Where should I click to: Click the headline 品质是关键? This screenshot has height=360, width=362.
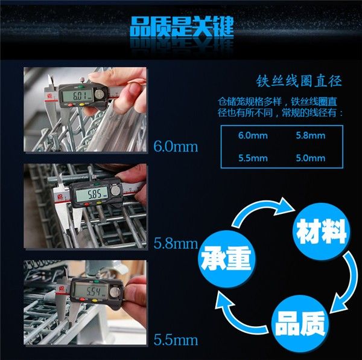[182, 27]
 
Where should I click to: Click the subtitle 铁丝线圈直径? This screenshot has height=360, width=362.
[299, 81]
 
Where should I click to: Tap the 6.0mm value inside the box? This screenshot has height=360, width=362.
[253, 135]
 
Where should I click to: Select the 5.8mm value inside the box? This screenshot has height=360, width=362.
[311, 135]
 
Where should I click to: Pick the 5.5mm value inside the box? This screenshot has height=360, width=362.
[253, 158]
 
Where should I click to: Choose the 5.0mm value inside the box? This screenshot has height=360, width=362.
[311, 158]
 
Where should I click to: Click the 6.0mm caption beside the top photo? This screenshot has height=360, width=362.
[176, 147]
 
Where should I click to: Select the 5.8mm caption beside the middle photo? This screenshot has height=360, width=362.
[176, 243]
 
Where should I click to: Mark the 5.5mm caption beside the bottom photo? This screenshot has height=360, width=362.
[176, 340]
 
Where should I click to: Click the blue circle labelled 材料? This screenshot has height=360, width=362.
[321, 231]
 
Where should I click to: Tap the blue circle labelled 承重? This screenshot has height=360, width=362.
[227, 259]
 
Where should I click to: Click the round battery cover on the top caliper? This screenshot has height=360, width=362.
[100, 94]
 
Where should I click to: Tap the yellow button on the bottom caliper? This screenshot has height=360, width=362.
[94, 301]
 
